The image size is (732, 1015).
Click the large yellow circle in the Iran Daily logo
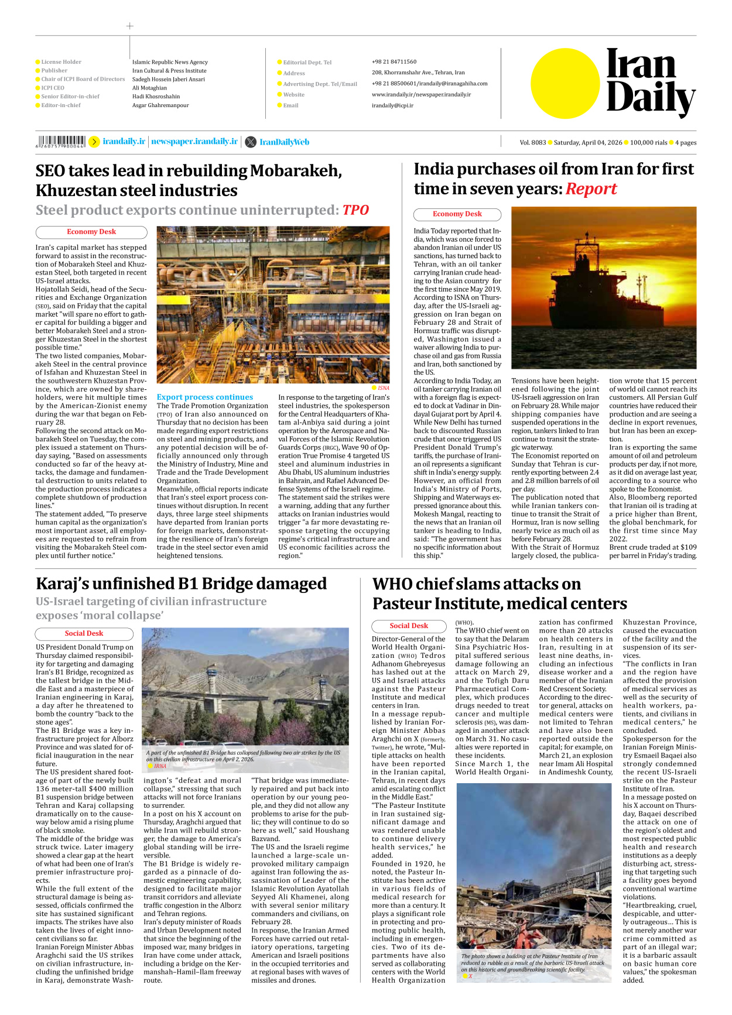(x=565, y=83)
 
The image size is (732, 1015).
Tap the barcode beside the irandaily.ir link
(x=61, y=142)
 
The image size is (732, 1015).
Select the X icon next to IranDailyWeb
(x=250, y=142)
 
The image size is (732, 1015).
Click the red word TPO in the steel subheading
(x=355, y=210)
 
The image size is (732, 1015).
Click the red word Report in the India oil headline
(x=591, y=189)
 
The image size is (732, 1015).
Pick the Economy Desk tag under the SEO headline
(x=91, y=232)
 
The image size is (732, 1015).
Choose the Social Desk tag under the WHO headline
(x=409, y=626)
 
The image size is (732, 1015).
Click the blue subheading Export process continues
(x=204, y=397)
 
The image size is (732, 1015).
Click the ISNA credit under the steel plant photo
(x=383, y=388)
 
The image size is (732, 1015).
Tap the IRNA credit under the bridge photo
(x=160, y=766)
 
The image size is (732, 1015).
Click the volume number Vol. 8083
(x=532, y=142)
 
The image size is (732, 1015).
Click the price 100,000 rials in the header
(x=648, y=142)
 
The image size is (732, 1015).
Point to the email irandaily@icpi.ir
(x=392, y=106)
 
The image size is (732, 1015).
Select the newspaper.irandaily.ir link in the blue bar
(x=194, y=142)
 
